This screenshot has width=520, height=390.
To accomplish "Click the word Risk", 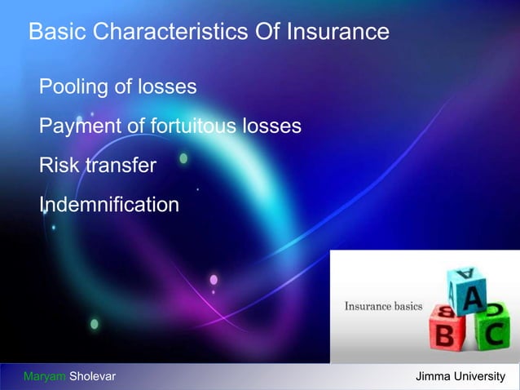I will pos(59,166).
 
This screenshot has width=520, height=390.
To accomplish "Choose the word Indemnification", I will pos(108,204).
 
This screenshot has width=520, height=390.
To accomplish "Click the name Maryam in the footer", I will pos(45,376).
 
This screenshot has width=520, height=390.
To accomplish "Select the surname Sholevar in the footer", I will pos(92,376).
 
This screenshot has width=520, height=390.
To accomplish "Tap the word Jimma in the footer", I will pos(434,376).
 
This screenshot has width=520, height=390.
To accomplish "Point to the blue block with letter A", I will pos(468,290).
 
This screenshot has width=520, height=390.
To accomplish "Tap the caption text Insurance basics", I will pos(383,307).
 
